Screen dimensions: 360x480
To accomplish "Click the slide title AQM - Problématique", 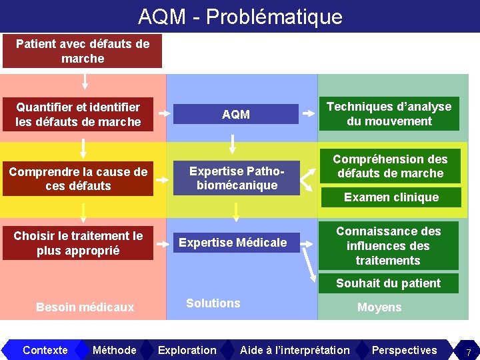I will click(240, 16).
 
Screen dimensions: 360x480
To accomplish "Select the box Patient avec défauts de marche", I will click(83, 51).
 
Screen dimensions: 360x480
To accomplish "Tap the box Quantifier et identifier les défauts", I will click(78, 114).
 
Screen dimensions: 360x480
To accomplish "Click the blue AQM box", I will click(236, 114).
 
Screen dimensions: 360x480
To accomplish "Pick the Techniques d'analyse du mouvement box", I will click(389, 114).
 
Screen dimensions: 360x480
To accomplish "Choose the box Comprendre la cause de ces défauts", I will click(78, 179).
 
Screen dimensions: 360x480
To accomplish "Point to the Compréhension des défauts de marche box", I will click(390, 166).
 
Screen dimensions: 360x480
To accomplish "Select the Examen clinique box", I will click(391, 197).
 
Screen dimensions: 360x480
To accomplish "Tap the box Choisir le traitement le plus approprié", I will click(78, 243).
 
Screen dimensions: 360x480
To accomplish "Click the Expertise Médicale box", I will click(233, 243).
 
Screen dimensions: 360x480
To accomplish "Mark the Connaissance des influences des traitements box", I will click(389, 245).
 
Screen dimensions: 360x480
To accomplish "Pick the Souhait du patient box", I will click(388, 283).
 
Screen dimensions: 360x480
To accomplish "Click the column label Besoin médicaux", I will click(85, 307).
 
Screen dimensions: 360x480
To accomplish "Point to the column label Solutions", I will click(213, 303).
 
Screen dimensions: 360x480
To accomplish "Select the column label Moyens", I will click(379, 307).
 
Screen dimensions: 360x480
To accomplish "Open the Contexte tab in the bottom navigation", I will click(45, 350).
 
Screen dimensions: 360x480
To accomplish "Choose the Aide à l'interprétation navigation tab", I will click(295, 350).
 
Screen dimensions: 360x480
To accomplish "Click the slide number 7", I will click(468, 351).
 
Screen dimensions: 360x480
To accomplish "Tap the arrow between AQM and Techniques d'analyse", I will click(309, 113).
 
